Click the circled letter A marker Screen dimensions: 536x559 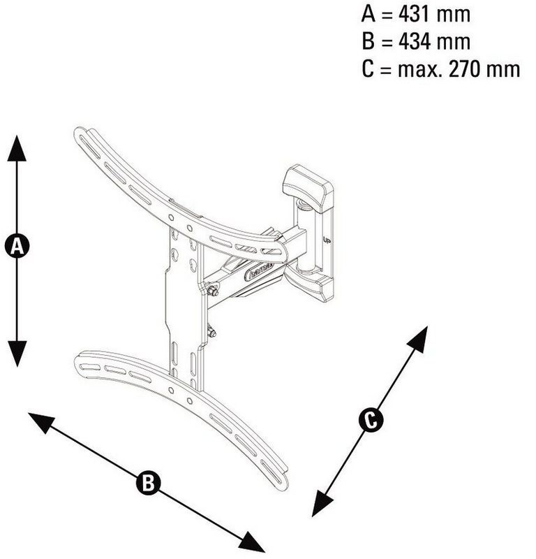coord(17,246)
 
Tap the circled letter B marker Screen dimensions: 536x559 coord(148,483)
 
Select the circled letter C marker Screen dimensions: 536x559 coord(371,420)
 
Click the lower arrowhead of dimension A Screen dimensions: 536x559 coord(17,354)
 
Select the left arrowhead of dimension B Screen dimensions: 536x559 coord(41,422)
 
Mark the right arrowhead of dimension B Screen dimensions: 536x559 coord(251,542)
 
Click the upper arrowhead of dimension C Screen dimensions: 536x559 coord(418,339)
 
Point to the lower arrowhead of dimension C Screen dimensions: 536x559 coord(322,503)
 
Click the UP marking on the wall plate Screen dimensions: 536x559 coord(327,240)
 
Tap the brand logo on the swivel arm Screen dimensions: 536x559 coord(259,272)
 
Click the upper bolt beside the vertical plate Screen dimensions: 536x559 coord(213,290)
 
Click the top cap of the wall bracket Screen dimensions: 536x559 coord(308,187)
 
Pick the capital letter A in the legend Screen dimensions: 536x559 coord(368,14)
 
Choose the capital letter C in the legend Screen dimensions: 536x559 coord(368,68)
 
